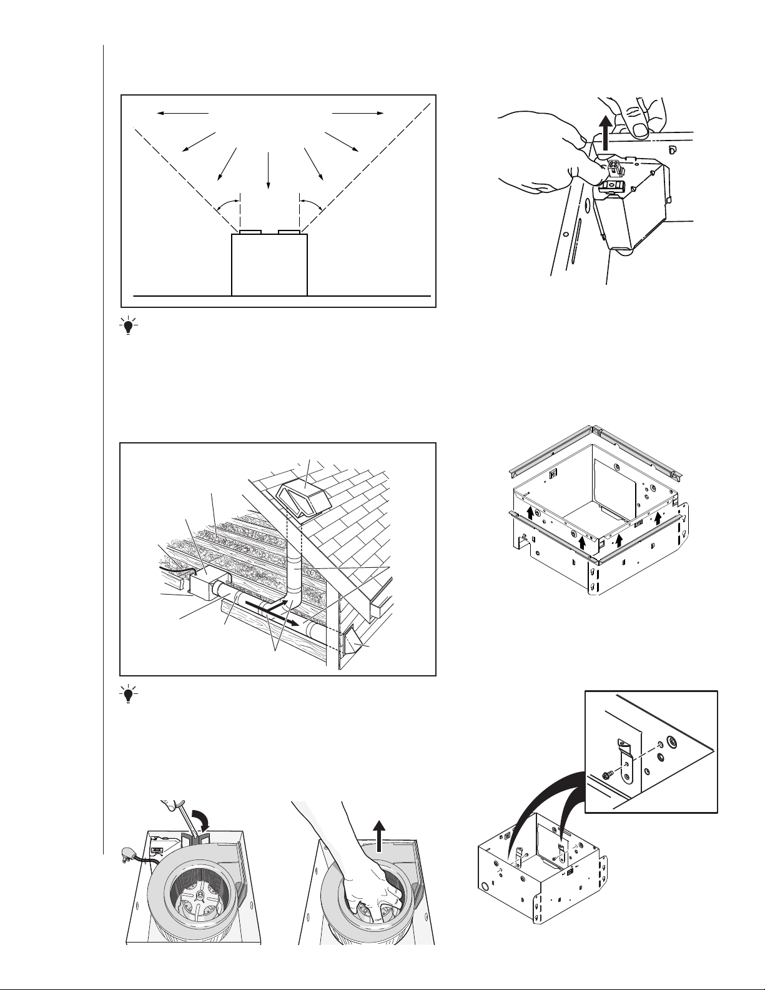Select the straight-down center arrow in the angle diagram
(269, 169)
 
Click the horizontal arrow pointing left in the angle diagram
(182, 113)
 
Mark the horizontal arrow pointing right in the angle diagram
(358, 113)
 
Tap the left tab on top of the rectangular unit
(250, 232)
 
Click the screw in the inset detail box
(606, 775)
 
